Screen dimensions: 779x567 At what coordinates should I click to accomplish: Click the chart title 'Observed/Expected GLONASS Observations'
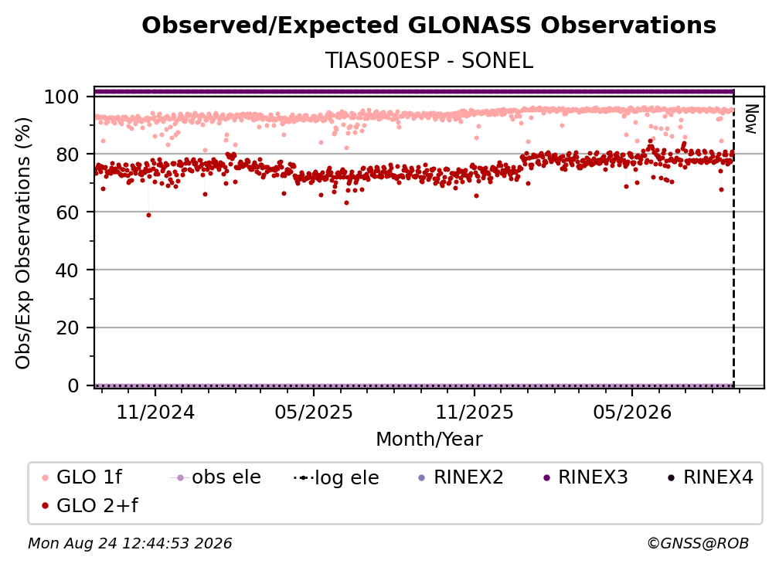(429, 25)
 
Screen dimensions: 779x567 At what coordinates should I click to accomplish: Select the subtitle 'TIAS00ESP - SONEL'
(429, 60)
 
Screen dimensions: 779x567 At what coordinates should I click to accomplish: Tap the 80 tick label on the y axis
(67, 154)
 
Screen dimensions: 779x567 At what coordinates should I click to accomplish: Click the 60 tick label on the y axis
(67, 212)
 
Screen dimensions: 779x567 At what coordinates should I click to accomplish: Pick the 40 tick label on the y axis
(67, 270)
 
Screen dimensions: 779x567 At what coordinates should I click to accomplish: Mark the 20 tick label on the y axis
(67, 328)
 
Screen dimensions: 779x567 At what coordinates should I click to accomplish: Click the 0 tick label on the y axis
(73, 385)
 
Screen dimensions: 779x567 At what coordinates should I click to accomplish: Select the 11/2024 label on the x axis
(155, 412)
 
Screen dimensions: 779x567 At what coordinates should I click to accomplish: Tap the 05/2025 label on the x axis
(314, 412)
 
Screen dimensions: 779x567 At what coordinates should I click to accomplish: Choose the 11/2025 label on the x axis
(475, 412)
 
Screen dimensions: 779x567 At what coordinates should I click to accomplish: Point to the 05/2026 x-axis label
(632, 412)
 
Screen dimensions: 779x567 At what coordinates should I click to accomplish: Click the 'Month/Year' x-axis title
(429, 439)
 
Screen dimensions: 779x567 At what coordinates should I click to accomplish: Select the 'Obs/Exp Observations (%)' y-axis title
(23, 243)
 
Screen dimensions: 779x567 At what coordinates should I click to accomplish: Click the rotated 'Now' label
(750, 119)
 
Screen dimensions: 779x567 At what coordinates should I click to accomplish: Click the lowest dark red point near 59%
(148, 215)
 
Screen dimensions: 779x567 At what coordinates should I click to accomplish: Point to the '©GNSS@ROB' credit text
(698, 543)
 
